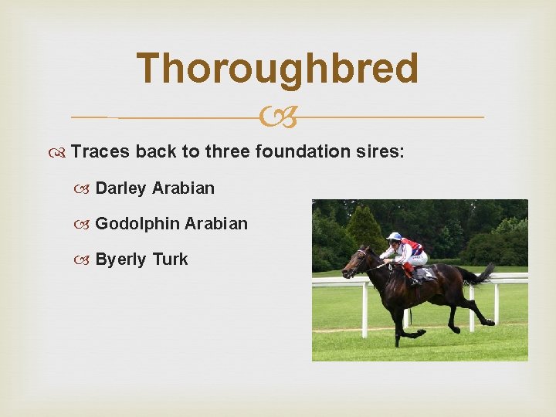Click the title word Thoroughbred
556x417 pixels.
[x=277, y=69]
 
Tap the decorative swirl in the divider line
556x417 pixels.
[x=278, y=118]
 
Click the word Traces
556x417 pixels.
[x=100, y=151]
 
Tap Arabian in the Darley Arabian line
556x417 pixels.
[x=184, y=188]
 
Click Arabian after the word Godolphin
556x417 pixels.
[x=217, y=224]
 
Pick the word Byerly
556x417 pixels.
[x=121, y=259]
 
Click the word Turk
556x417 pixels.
[x=171, y=259]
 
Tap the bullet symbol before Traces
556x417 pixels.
[x=59, y=152]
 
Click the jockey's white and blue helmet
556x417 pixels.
[x=395, y=237]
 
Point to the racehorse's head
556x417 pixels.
[x=356, y=262]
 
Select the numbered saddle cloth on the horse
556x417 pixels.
[x=425, y=273]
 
